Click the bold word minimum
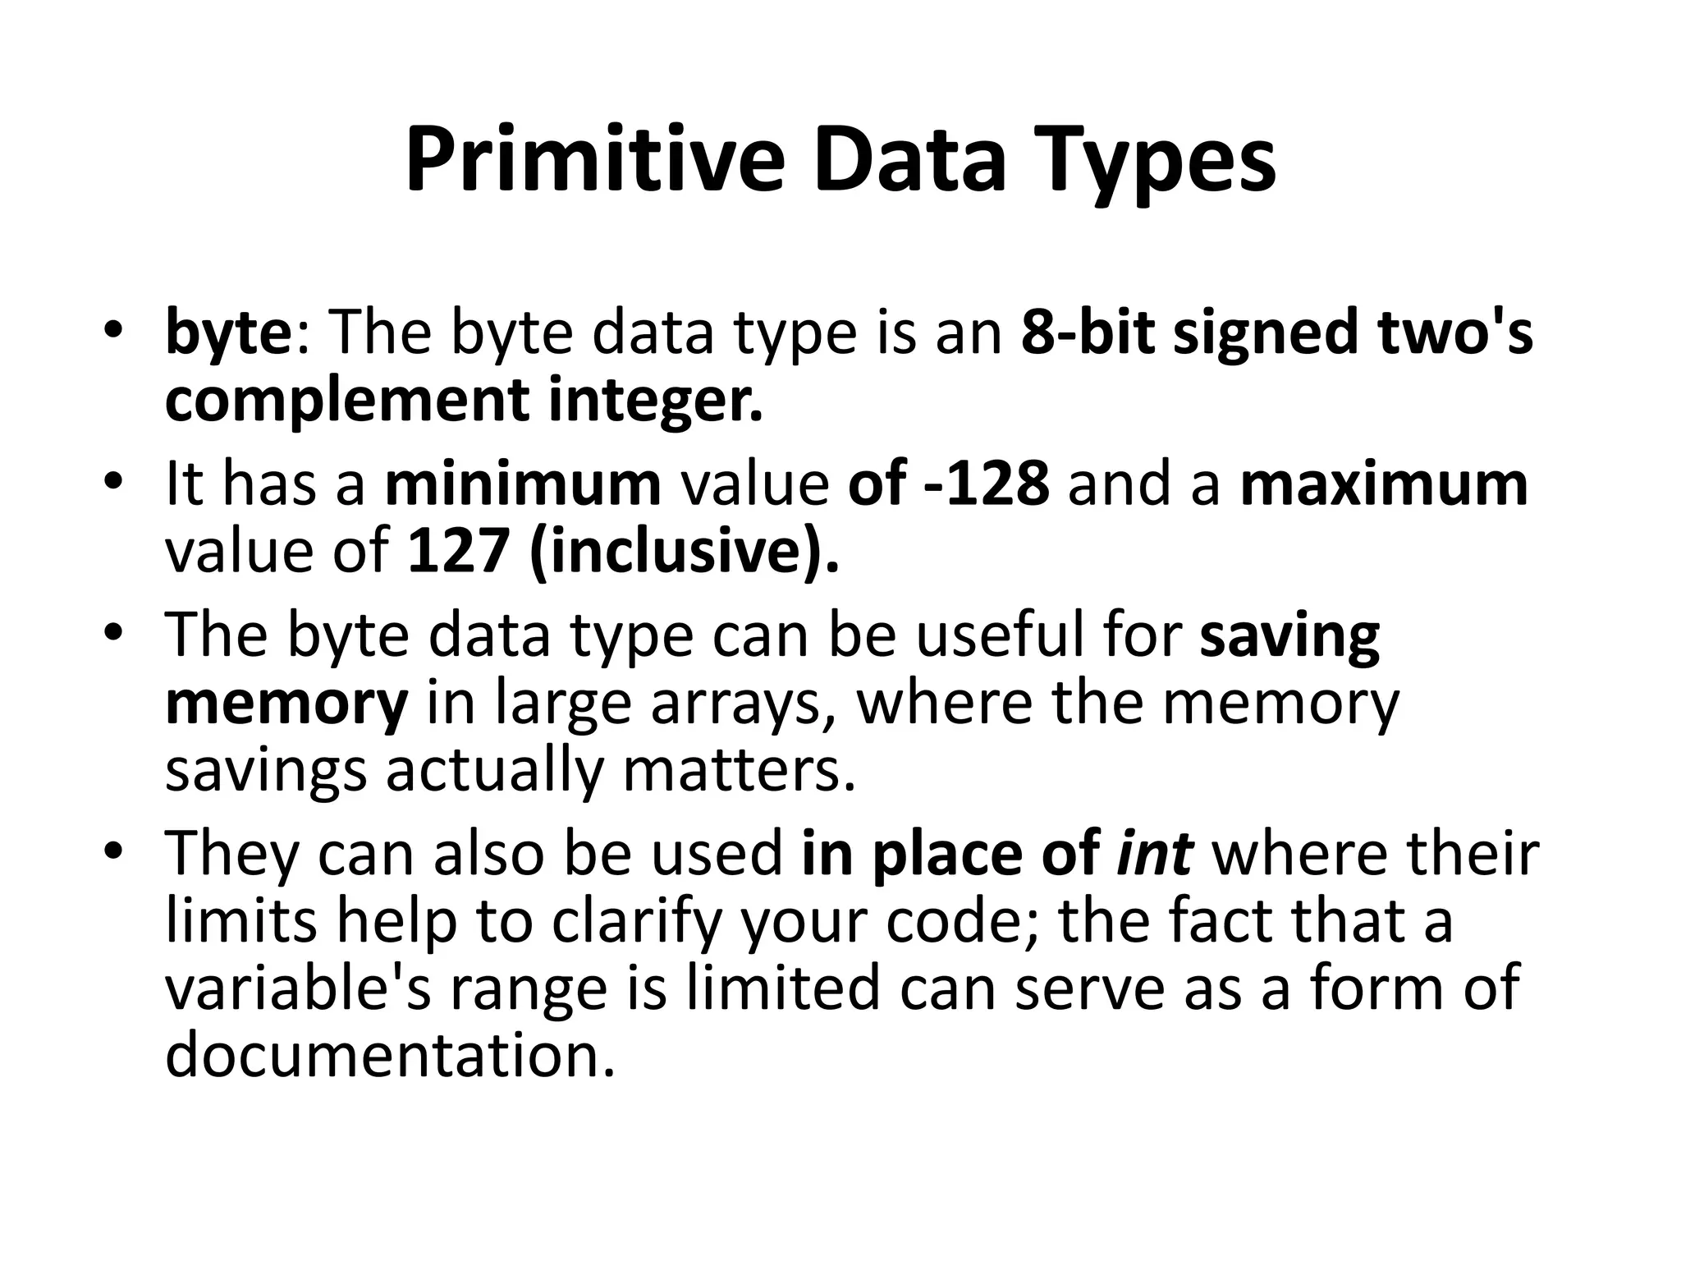point(523,484)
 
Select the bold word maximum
point(1384,484)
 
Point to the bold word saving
point(1289,635)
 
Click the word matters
point(740,770)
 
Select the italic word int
point(1154,854)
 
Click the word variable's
point(298,988)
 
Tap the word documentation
point(390,1055)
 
